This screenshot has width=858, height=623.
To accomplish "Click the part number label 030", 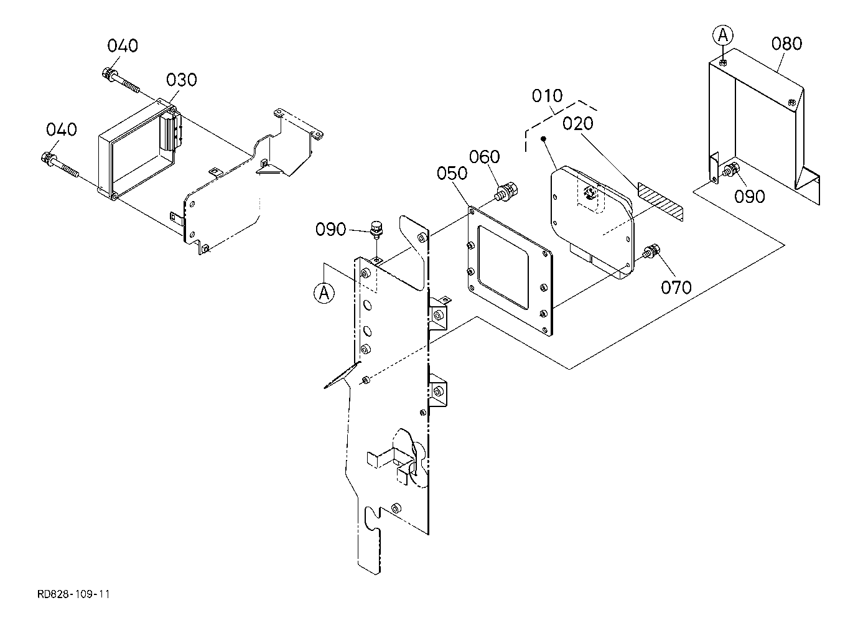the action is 181,80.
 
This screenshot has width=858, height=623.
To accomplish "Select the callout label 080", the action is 786,44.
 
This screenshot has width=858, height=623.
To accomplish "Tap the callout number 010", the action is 547,96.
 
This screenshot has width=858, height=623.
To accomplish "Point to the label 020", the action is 577,124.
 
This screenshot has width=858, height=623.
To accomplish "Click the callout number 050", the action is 452,174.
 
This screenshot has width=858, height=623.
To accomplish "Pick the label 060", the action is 485,157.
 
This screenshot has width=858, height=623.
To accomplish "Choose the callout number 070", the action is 676,288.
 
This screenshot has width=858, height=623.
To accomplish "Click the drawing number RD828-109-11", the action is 73,594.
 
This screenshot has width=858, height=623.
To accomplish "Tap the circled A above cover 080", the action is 722,35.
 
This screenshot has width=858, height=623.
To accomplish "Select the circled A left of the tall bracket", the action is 324,293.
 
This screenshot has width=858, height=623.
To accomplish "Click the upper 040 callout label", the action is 123,45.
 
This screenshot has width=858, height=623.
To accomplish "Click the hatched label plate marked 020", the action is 660,202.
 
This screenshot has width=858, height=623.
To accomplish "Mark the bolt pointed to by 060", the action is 507,192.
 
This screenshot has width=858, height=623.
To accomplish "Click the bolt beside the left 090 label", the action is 376,232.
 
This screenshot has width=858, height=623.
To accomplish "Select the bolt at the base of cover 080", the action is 732,170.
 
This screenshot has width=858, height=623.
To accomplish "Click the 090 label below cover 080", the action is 749,197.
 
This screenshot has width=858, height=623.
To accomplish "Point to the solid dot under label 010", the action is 543,138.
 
